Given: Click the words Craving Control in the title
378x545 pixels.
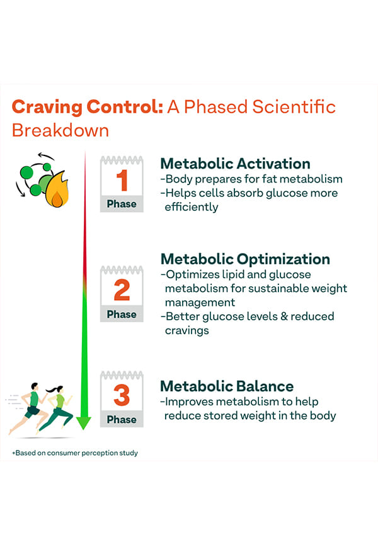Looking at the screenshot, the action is click(88, 107).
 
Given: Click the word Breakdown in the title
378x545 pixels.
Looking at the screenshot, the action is click(60, 130).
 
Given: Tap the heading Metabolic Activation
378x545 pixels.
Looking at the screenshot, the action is click(235, 164).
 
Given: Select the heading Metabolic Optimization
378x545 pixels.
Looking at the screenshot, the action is click(245, 259).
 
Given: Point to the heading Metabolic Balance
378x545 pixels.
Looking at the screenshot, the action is click(227, 386).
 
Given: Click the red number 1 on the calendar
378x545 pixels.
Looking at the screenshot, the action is click(122, 181).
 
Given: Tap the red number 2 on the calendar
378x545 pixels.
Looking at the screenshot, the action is click(122, 290).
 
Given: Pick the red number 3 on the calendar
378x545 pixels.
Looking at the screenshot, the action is click(122, 395).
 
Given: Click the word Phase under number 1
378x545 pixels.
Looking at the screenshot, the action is click(122, 204).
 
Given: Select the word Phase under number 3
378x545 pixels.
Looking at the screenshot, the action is click(122, 420).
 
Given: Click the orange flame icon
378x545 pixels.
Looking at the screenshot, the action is click(57, 189).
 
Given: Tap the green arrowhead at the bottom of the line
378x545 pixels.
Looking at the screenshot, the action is click(84, 422).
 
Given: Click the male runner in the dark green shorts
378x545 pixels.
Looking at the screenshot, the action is click(29, 408).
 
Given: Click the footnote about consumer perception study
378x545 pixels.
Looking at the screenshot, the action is click(75, 453).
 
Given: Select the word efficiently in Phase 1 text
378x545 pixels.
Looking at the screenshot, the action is click(192, 207).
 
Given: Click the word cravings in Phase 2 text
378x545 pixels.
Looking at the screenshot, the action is click(187, 330).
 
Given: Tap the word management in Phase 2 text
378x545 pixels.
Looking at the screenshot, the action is click(200, 303).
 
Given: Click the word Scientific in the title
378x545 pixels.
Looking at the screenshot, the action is click(294, 107).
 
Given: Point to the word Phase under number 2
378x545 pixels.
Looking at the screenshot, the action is click(122, 314).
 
